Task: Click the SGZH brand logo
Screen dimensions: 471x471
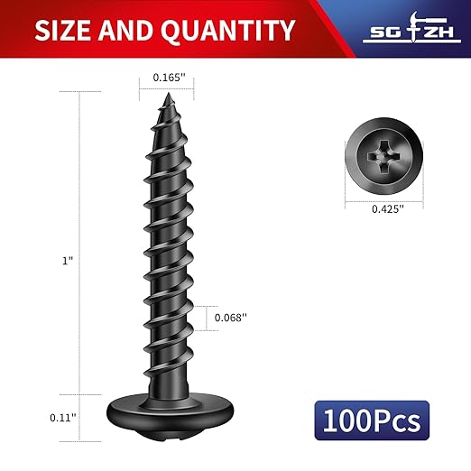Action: click(411, 32)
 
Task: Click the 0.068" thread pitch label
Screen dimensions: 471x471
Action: click(230, 318)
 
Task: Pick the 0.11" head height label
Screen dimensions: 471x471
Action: click(62, 417)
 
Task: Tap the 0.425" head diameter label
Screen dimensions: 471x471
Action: click(387, 208)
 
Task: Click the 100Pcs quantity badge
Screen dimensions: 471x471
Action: click(373, 420)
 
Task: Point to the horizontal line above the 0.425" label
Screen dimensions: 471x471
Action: click(387, 198)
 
